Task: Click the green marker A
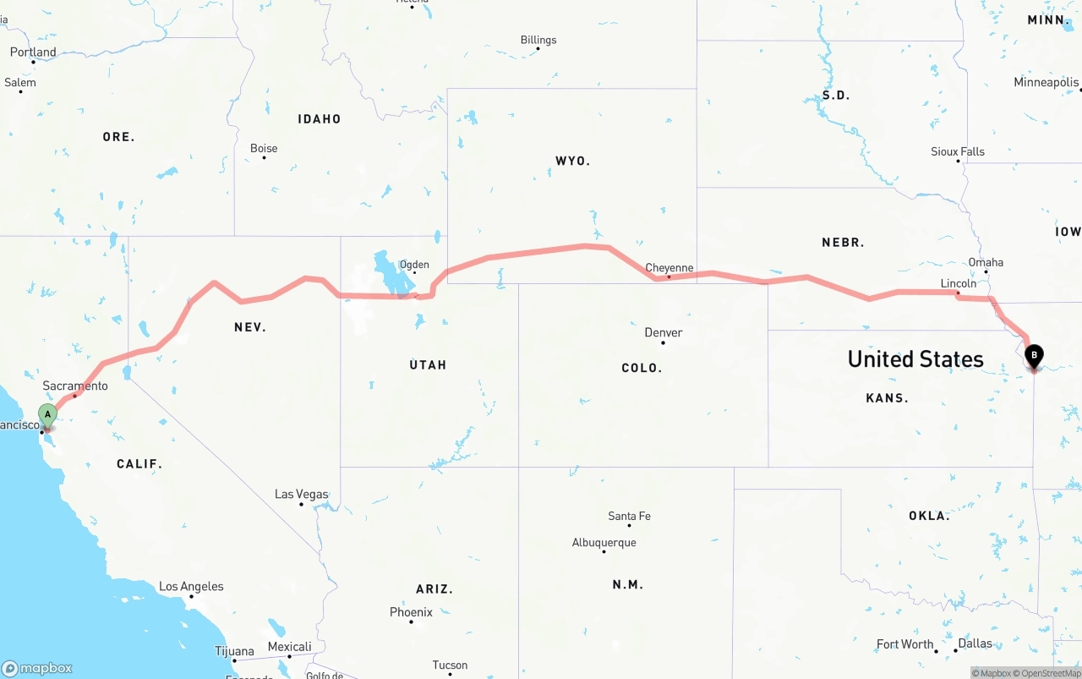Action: click(48, 415)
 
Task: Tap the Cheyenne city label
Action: click(669, 268)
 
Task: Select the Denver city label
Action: click(663, 332)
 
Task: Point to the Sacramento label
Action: click(75, 386)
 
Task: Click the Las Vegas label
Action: click(301, 494)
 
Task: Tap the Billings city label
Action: click(538, 40)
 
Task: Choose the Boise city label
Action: click(264, 148)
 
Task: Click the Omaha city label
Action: click(986, 262)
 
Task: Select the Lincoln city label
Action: click(958, 283)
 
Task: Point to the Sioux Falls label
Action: click(958, 151)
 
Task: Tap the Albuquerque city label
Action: click(604, 543)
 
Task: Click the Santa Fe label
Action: click(629, 516)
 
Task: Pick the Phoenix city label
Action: click(411, 612)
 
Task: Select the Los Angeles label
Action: click(191, 586)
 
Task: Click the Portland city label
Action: click(33, 52)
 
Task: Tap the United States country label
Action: click(915, 359)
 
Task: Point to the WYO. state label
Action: click(572, 161)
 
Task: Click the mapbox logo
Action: click(37, 668)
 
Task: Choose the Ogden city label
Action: click(414, 265)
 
